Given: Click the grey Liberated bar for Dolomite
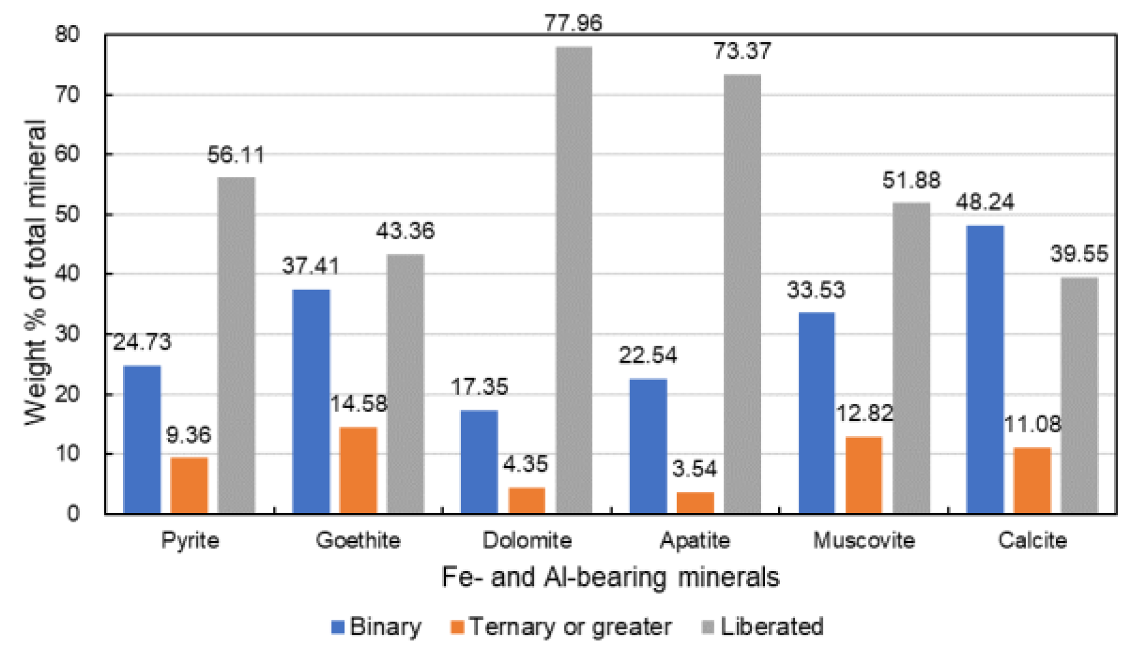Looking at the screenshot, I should pos(573,281).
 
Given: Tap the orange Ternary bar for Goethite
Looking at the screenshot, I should pos(358,470).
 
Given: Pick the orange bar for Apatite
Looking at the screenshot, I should pos(695,503).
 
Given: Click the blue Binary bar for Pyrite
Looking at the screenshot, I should pos(142,440).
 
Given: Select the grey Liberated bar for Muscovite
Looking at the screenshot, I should pos(910,358).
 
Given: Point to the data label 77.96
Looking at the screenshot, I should pos(573,23).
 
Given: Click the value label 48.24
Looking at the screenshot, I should pos(985,202).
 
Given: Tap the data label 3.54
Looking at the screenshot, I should pos(694,469).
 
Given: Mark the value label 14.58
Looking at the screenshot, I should pos(358,404).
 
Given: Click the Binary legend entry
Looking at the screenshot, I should pos(377,627).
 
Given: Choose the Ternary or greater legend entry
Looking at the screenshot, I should pos(561,627).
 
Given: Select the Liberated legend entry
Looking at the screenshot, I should pos(762,627).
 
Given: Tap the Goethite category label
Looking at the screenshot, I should pos(358,540).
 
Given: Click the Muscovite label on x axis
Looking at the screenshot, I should pos(864,540).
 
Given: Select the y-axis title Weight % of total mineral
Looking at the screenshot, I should pos(36,272).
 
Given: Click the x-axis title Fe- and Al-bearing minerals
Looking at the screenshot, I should pos(610,577).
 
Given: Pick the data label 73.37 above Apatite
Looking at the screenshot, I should pos(742,51).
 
